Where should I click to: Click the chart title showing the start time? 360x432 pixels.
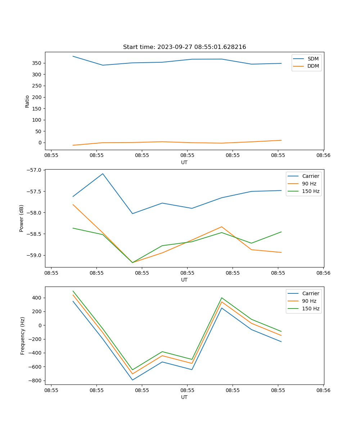click(x=184, y=47)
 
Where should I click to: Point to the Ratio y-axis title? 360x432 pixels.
click(x=27, y=101)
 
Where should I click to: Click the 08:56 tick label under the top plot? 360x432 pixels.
click(x=323, y=156)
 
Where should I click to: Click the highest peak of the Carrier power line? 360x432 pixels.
click(x=103, y=174)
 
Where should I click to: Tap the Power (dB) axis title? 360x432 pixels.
click(x=22, y=218)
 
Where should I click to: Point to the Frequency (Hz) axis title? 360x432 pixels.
click(x=23, y=336)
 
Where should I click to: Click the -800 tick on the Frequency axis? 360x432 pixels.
click(x=36, y=381)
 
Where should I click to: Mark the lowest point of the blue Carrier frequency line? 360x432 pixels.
click(x=132, y=380)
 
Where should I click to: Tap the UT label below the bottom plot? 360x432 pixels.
click(x=184, y=397)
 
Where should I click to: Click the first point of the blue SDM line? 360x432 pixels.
click(x=73, y=56)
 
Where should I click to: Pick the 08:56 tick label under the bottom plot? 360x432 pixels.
click(x=323, y=390)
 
